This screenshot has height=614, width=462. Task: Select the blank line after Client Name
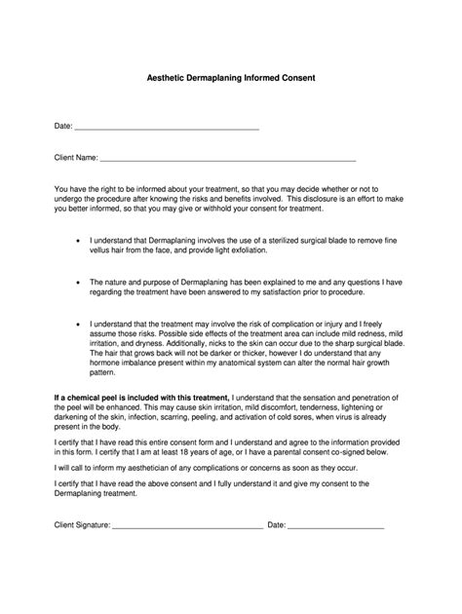pyautogui.click(x=228, y=156)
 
